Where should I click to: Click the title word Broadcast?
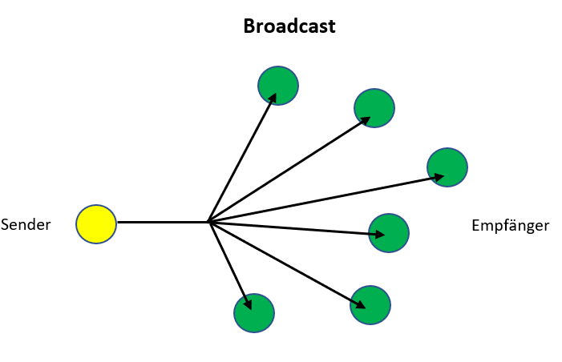(x=289, y=26)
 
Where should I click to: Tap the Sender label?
(x=26, y=225)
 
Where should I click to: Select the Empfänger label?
(x=510, y=225)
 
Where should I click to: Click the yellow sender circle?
(x=96, y=223)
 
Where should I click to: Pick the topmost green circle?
(x=278, y=84)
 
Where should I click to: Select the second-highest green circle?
(x=374, y=107)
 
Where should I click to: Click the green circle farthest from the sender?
(x=447, y=167)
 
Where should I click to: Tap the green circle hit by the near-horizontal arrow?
(x=389, y=233)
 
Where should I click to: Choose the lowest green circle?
(x=254, y=312)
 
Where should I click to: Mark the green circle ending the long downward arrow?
(x=370, y=304)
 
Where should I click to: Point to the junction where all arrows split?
(x=208, y=221)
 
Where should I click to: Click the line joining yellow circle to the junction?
(x=160, y=221)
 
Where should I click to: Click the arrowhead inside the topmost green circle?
(x=273, y=97)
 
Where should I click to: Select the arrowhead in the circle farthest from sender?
(x=437, y=176)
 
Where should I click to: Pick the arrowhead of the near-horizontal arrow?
(x=378, y=234)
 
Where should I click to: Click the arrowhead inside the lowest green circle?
(x=249, y=304)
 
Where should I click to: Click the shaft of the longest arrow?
(x=321, y=199)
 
